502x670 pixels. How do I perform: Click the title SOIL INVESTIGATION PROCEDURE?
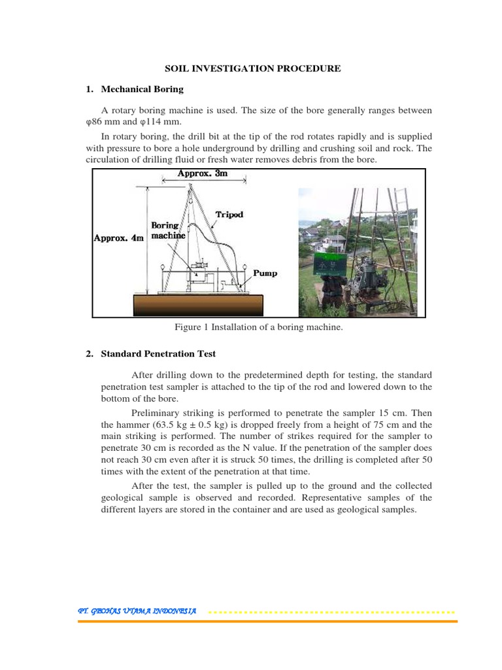(252, 68)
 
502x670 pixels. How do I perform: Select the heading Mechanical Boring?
(142, 89)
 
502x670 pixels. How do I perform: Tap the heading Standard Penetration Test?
(158, 354)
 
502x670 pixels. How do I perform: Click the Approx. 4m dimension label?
(118, 238)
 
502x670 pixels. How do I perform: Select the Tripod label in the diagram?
(229, 215)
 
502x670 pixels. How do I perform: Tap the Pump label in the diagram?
(265, 273)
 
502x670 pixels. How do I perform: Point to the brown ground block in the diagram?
(198, 304)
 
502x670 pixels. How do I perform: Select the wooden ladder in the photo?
(399, 236)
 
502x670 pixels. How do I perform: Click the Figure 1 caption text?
(258, 327)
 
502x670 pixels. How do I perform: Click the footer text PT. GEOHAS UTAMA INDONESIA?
(137, 610)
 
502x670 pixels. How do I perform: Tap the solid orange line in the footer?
(268, 621)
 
